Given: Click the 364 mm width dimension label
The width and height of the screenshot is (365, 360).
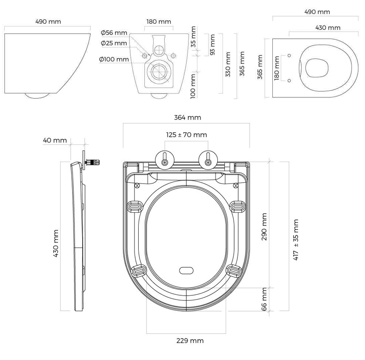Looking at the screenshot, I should [x=187, y=117].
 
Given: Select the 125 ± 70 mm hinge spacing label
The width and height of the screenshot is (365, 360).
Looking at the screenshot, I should [x=186, y=135].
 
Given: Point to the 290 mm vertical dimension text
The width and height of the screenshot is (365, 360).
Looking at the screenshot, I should [x=264, y=227].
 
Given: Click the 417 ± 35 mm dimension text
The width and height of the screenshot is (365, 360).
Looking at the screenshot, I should [x=296, y=239].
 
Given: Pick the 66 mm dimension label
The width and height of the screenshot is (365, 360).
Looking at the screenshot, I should [x=264, y=299].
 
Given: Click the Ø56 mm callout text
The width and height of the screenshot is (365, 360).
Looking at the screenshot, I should [x=114, y=33].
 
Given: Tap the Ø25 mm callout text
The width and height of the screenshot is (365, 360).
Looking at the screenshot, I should [x=114, y=43].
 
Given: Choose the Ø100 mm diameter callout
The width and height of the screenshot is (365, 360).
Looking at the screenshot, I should [x=114, y=59].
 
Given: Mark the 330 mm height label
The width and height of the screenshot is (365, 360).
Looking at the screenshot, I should [x=228, y=64].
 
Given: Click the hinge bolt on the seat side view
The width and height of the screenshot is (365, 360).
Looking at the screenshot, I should [x=93, y=162].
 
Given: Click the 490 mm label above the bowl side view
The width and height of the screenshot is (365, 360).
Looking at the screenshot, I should [x=48, y=22].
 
